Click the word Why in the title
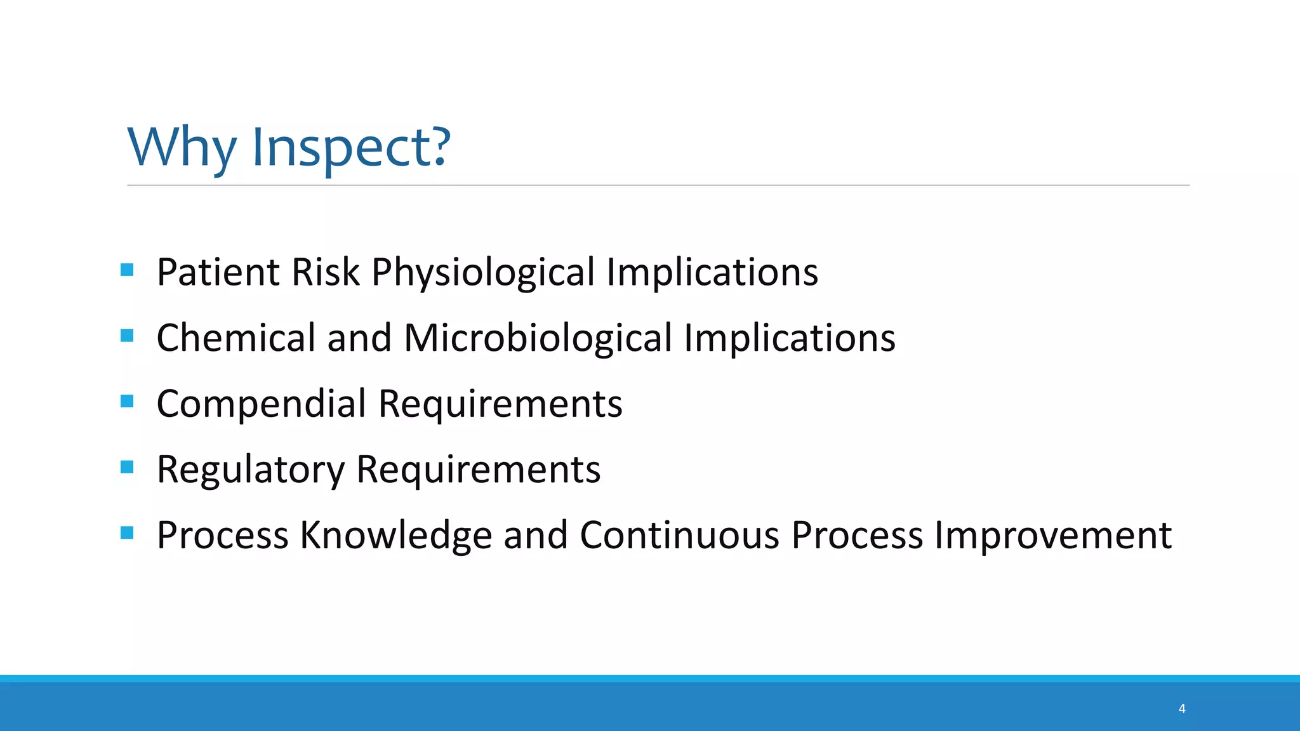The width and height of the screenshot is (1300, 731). tap(182, 147)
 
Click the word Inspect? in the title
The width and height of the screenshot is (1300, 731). tap(351, 147)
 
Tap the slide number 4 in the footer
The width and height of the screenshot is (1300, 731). tap(1182, 708)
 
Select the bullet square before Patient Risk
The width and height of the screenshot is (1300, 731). tap(127, 270)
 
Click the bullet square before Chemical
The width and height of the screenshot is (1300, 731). tap(127, 335)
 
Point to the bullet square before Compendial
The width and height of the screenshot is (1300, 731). tap(127, 401)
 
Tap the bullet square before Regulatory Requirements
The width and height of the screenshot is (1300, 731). tap(127, 467)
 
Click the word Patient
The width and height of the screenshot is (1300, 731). tap(218, 272)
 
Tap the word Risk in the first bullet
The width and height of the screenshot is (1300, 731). tap(326, 272)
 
